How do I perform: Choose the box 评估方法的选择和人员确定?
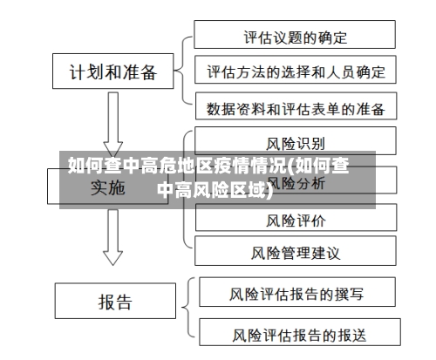[x=295, y=71]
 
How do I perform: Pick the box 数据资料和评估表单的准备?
[x=295, y=109]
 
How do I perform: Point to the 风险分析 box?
[x=295, y=183]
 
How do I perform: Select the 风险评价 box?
[x=295, y=219]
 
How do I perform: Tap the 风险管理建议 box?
[x=295, y=254]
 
